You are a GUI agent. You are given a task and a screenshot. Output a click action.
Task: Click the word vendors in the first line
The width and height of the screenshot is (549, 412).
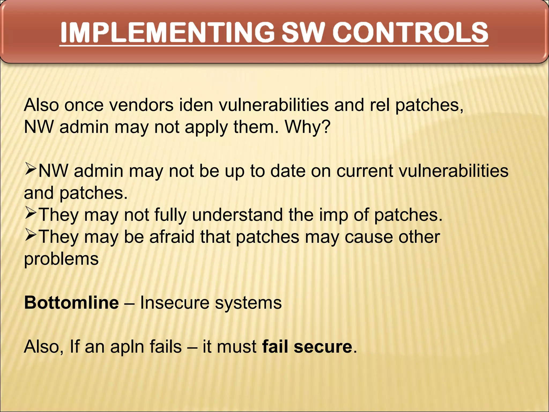(x=142, y=105)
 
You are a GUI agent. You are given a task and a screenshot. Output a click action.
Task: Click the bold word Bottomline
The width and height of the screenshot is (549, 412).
(x=71, y=303)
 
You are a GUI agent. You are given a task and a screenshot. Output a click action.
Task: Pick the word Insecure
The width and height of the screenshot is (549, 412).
(x=175, y=303)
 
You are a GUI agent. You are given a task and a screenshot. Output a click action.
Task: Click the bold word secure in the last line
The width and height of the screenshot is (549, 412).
(x=323, y=347)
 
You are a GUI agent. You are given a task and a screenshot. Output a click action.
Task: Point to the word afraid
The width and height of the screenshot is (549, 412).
(x=172, y=237)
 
